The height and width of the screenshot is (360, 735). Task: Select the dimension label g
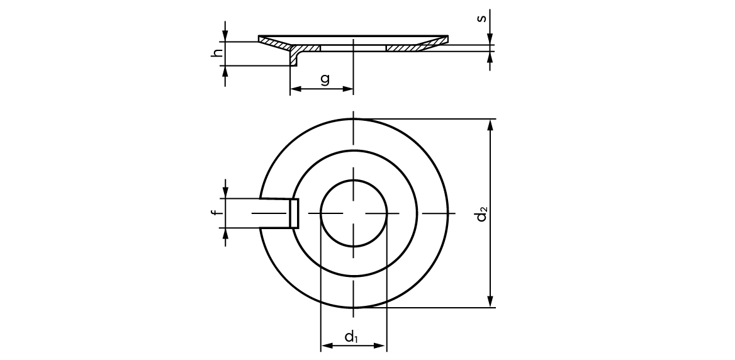point(325,79)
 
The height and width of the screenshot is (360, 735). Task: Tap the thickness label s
point(481,18)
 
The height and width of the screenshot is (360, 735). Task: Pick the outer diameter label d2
point(481,214)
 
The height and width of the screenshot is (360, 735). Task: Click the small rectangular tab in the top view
point(294,213)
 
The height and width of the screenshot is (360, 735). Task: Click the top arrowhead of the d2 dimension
point(491,125)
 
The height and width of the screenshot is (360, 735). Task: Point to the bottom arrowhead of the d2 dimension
point(491,301)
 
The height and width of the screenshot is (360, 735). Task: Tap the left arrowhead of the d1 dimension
point(327,346)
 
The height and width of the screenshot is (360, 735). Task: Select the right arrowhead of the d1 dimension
point(380,346)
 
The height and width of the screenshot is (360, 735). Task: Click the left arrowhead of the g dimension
point(295,89)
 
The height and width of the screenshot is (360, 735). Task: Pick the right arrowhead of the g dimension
point(348,89)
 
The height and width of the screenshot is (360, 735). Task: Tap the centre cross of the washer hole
point(354,213)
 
